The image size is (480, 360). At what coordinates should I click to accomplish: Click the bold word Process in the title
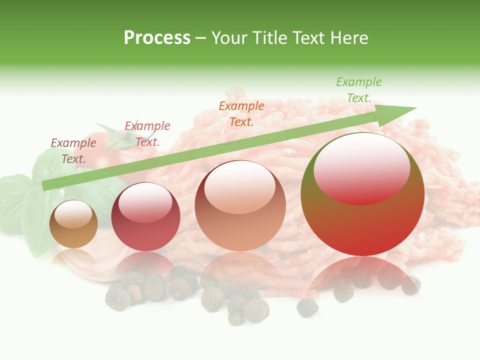157,37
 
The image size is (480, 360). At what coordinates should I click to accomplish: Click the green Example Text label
358,89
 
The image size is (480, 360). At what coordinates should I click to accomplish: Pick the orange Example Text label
241,113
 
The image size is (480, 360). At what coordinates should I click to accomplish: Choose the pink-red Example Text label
147,133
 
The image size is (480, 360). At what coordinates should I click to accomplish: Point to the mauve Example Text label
73,150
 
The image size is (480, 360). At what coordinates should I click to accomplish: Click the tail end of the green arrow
45,185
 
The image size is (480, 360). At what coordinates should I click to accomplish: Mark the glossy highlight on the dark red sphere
145,202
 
